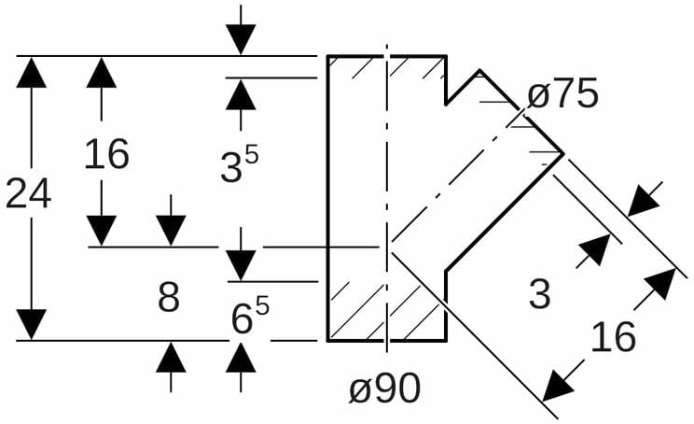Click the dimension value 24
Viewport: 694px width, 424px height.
(28, 193)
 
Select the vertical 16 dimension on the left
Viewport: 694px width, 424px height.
(106, 154)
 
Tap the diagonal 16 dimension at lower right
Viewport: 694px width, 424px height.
(613, 336)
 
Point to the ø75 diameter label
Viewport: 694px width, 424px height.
(562, 95)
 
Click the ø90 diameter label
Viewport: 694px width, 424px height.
(384, 389)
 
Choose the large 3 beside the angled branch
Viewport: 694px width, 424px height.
(539, 294)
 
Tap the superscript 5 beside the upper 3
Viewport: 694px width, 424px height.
(251, 154)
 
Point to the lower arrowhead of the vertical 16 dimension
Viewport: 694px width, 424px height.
(101, 231)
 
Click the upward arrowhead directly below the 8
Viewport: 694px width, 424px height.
(170, 358)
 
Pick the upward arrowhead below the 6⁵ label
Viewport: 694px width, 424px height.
(241, 358)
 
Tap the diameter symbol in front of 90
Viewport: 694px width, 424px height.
(360, 390)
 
